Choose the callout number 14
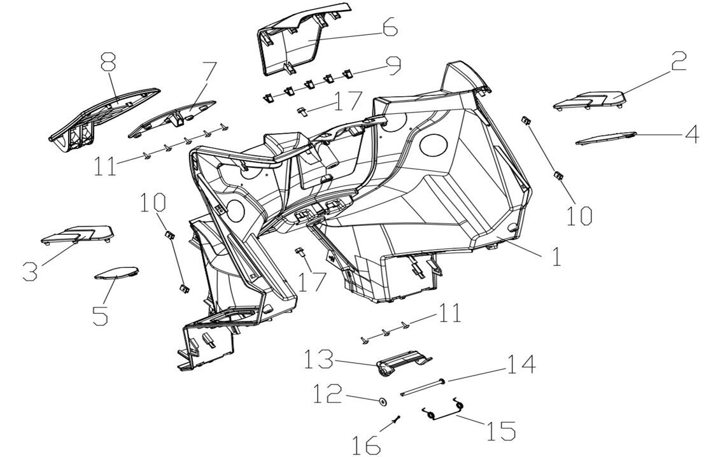point(521,364)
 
